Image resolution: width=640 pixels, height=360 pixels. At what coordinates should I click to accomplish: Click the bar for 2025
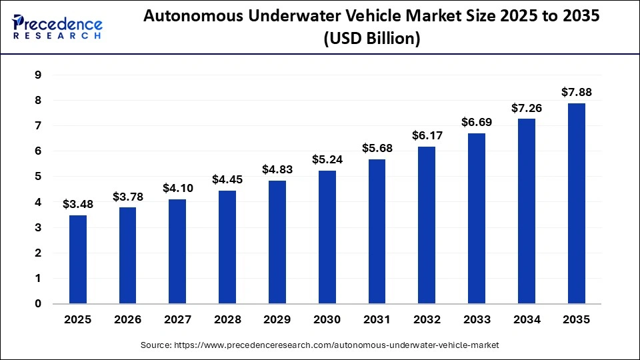coord(78,259)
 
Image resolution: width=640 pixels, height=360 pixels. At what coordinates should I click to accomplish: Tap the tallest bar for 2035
coord(577,203)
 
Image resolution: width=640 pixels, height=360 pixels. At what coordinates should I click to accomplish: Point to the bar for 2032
coord(427,225)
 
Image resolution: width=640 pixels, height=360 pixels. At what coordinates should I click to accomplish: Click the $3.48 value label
coord(78,204)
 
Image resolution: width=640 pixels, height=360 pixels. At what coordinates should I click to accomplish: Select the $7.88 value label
coord(577,92)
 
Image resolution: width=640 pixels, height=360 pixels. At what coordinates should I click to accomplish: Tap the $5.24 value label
coord(328,159)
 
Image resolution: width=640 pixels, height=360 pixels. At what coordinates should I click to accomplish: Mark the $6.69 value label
coord(477,122)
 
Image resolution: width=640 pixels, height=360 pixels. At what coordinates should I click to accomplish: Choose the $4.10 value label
coord(178,188)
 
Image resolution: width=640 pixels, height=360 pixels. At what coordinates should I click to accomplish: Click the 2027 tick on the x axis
coord(178,320)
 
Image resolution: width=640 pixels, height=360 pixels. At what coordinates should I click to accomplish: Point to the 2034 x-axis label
coord(527,320)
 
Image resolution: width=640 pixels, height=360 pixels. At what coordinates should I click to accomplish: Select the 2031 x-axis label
coord(377,320)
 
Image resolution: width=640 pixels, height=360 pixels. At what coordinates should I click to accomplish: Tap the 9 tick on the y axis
coord(38,75)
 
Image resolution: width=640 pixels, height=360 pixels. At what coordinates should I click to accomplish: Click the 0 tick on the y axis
coord(38,304)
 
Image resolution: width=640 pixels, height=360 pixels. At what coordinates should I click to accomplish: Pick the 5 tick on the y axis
coord(38,177)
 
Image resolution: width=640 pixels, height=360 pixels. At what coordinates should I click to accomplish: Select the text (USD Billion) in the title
coord(372,39)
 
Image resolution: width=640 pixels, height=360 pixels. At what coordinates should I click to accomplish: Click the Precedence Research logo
coord(57,27)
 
